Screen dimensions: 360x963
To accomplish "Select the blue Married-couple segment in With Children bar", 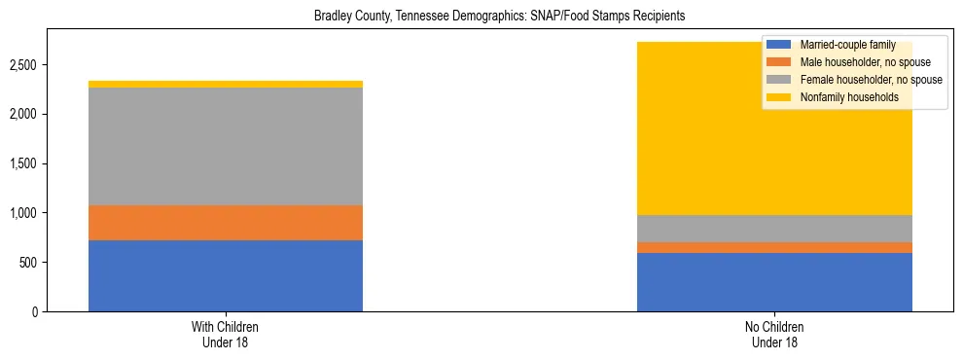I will pyautogui.click(x=226, y=275).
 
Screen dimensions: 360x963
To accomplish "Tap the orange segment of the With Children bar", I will pyautogui.click(x=226, y=223).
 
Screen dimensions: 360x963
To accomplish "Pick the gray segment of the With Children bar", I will pyautogui.click(x=226, y=146).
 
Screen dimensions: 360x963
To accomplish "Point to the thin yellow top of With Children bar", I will pyautogui.click(x=226, y=85).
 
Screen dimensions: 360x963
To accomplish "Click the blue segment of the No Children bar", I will pyautogui.click(x=774, y=282).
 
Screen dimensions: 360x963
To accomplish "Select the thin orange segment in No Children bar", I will pyautogui.click(x=774, y=247).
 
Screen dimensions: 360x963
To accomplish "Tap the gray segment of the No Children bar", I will pyautogui.click(x=774, y=229).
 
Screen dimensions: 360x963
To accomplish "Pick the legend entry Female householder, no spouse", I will pyautogui.click(x=855, y=80).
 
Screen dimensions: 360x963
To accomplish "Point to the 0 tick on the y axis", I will pyautogui.click(x=35, y=312).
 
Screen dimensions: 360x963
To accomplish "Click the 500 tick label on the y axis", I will pyautogui.click(x=28, y=263).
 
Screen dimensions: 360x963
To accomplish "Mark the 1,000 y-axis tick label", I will pyautogui.click(x=23, y=213).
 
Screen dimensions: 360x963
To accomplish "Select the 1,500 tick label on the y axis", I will pyautogui.click(x=23, y=163).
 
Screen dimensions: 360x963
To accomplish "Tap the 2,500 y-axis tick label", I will pyautogui.click(x=23, y=65).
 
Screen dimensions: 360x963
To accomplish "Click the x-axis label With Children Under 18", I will pyautogui.click(x=226, y=335).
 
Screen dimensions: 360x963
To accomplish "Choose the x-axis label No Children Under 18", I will pyautogui.click(x=774, y=335).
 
